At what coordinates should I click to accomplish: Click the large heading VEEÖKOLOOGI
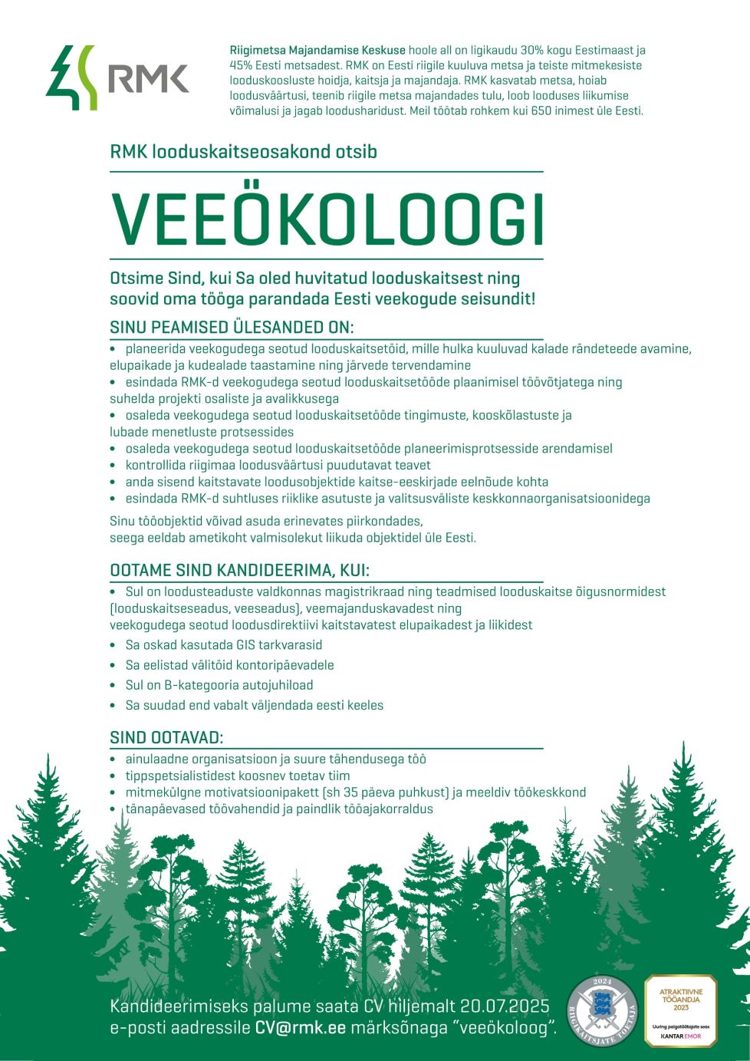(327, 218)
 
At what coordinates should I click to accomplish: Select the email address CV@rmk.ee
(301, 1028)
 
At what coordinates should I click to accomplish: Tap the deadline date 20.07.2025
(505, 1007)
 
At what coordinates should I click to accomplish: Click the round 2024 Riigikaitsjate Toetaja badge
(602, 1012)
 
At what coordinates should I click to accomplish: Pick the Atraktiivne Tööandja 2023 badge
(680, 1011)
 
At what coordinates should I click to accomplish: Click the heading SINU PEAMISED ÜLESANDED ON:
(232, 328)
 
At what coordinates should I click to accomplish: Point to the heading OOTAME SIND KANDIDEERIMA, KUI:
(239, 571)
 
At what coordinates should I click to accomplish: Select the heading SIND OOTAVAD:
(166, 738)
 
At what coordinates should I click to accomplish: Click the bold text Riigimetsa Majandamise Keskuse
(317, 50)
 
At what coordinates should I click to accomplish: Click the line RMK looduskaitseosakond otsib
(243, 151)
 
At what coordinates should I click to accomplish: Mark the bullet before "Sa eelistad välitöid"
(113, 665)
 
